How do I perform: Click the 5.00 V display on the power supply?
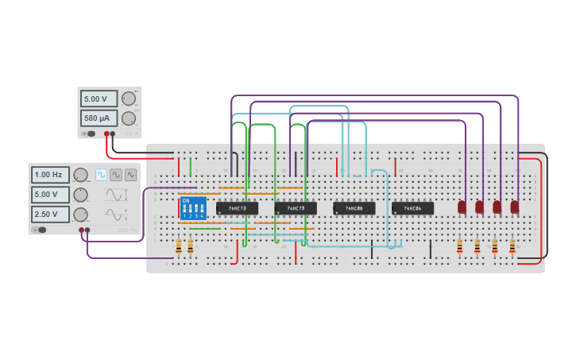(x=99, y=99)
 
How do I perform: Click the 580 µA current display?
(x=99, y=118)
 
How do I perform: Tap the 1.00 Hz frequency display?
(x=50, y=175)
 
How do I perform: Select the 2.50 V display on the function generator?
(x=50, y=215)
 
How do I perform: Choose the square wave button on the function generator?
(x=102, y=175)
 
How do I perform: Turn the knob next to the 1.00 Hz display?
(x=80, y=175)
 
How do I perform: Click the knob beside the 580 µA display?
(x=128, y=118)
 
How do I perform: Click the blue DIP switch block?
(x=193, y=208)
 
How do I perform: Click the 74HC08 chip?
(x=354, y=208)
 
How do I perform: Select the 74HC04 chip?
(x=412, y=208)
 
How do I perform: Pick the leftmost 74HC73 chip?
(x=237, y=208)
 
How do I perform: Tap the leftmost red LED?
(x=462, y=207)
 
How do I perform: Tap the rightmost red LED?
(x=515, y=207)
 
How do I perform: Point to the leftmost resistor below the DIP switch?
(x=179, y=246)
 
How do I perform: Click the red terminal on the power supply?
(x=106, y=134)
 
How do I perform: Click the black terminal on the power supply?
(x=112, y=134)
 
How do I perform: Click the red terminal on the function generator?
(x=81, y=230)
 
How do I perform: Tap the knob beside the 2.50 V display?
(x=80, y=215)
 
